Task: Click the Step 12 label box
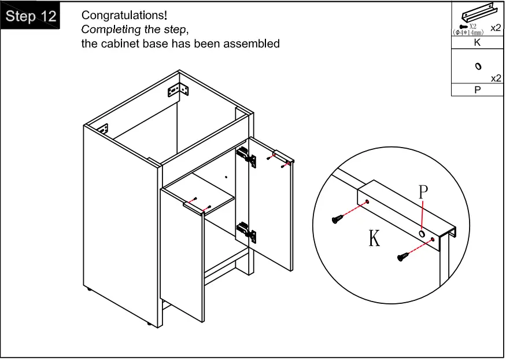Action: (31, 16)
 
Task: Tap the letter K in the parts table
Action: (477, 42)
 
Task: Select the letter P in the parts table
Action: (477, 90)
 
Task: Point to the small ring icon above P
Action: (478, 67)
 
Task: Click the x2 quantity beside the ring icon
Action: (495, 78)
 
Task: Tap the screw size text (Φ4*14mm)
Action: (468, 32)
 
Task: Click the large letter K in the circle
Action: (375, 238)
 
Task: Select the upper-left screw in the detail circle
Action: (337, 218)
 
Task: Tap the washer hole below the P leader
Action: (422, 235)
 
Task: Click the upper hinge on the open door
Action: (246, 157)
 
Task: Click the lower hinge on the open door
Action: (247, 233)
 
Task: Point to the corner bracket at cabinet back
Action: (178, 90)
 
